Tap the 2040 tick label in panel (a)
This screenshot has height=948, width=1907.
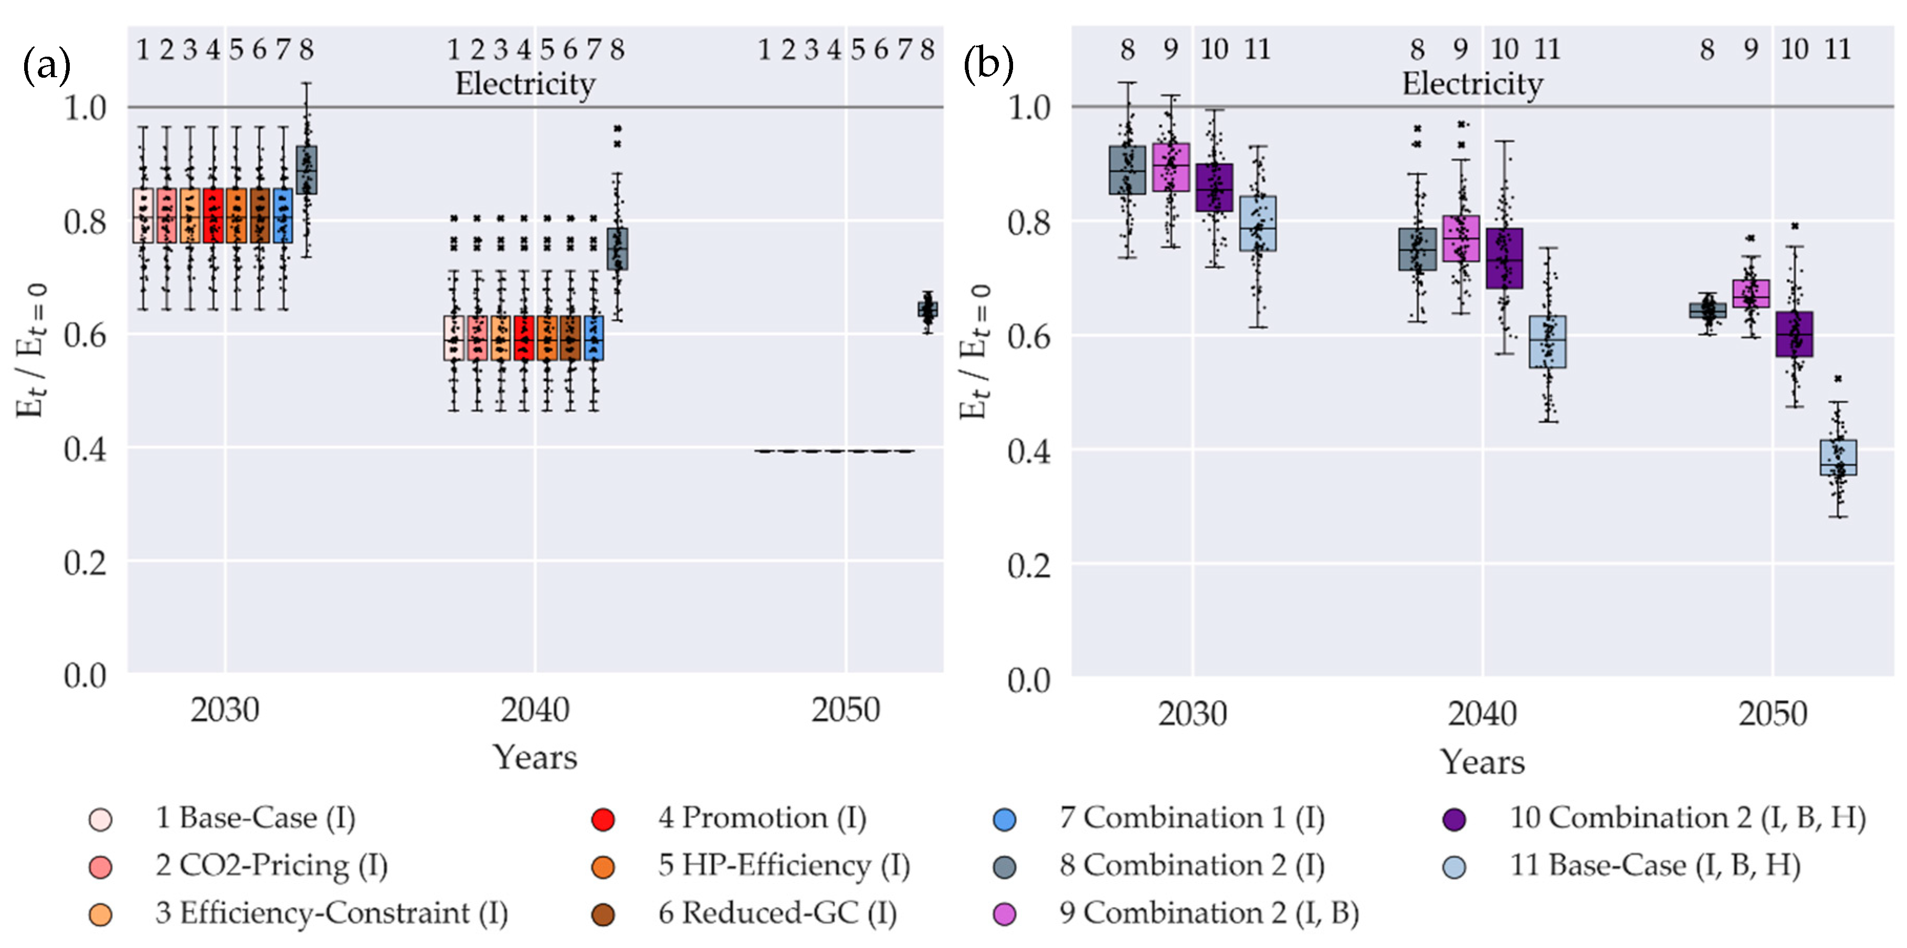[x=534, y=710]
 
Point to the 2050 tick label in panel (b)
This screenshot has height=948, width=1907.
[x=1772, y=714]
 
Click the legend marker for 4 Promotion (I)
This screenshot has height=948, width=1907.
[x=603, y=819]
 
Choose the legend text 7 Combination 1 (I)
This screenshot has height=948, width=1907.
[x=1192, y=818]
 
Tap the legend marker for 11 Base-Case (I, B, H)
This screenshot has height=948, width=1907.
[x=1455, y=867]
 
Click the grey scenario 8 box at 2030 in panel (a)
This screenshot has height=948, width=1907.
[x=307, y=170]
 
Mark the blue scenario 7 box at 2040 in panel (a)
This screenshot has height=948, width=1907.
[x=594, y=338]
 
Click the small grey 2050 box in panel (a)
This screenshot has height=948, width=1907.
[x=928, y=309]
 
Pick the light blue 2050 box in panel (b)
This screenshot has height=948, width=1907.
[x=1838, y=457]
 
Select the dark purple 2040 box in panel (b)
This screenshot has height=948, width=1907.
[x=1504, y=258]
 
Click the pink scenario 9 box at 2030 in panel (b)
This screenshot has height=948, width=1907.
[x=1171, y=167]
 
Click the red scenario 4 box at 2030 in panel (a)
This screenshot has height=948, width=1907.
[x=213, y=215]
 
